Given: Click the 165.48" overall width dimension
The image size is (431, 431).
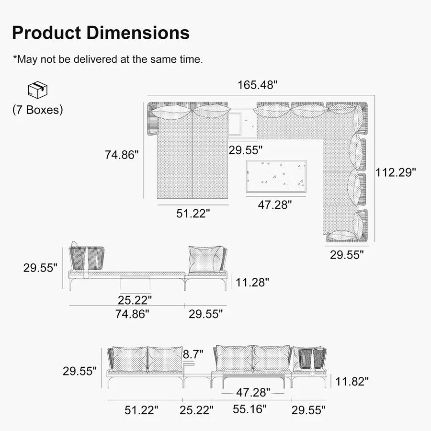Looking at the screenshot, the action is [258, 85].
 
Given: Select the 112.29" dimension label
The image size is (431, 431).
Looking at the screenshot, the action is [396, 172].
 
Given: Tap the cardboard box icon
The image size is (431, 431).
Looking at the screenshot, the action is [38, 90].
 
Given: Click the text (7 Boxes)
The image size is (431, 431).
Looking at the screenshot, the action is [38, 110].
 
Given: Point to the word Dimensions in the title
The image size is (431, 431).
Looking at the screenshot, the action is [138, 33].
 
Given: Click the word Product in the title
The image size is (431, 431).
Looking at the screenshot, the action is [47, 33].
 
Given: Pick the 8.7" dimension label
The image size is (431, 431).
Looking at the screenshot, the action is [193, 354].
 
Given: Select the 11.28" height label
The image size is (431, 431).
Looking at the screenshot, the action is [252, 282].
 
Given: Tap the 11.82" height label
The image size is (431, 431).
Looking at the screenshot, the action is [352, 382].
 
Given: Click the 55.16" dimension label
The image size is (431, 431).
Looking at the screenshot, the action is [250, 409].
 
